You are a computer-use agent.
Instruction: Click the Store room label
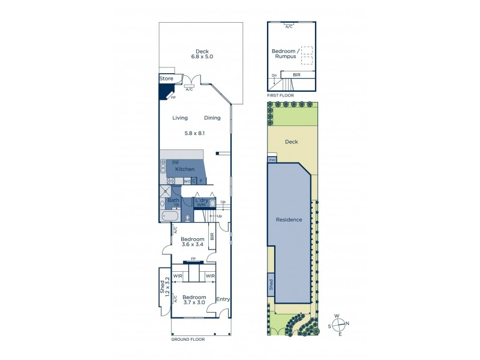click(166, 79)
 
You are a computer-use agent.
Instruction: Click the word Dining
click(212, 118)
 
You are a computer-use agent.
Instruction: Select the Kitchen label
click(185, 169)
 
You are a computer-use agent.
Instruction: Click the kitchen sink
click(163, 167)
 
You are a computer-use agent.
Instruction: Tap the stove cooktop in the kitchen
click(170, 181)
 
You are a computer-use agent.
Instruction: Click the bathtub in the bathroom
click(170, 217)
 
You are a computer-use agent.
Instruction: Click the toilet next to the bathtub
click(188, 218)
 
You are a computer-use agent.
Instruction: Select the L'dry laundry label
click(202, 200)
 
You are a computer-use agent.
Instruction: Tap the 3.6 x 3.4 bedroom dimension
click(193, 245)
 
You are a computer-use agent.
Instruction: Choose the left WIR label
click(178, 276)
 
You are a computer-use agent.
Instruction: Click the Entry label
click(223, 299)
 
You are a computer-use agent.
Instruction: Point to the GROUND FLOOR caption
click(188, 340)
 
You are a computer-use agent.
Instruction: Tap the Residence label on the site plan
click(289, 220)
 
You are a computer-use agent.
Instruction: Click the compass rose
click(339, 325)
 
